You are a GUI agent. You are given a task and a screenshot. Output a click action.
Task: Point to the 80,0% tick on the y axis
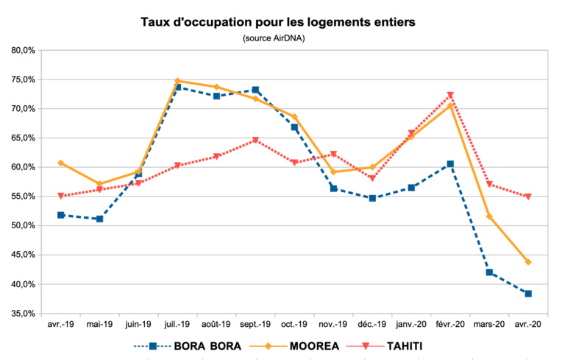tap(24, 50)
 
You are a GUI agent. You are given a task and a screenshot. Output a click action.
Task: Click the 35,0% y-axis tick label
tap(24, 313)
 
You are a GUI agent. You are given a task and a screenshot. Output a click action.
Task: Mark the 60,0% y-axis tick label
tap(24, 167)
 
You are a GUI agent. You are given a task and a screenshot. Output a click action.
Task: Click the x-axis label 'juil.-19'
tap(177, 324)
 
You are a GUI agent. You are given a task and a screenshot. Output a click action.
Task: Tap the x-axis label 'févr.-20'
tap(449, 324)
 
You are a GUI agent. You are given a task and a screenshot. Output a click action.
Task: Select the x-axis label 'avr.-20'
tap(527, 324)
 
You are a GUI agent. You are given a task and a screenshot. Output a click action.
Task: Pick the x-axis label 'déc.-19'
tap(372, 324)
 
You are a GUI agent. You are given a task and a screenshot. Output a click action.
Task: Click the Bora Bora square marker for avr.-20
tap(527, 293)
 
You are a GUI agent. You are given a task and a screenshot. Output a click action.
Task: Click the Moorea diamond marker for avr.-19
tap(60, 163)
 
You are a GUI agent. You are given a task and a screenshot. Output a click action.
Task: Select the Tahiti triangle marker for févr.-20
tap(450, 95)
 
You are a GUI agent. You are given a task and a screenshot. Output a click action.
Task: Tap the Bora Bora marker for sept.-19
tap(255, 90)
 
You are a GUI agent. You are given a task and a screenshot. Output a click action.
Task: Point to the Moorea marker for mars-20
tap(489, 216)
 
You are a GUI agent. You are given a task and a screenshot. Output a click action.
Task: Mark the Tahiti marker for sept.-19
tap(255, 140)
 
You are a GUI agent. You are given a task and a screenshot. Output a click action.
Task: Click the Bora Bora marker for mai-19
tap(99, 219)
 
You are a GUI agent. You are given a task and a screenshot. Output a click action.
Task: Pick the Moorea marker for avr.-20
tap(527, 262)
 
